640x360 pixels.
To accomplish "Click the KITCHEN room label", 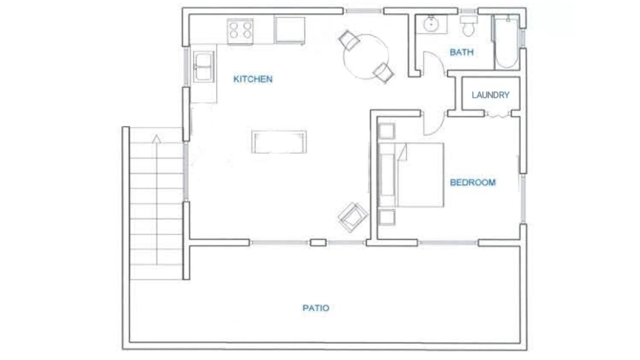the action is [x=253, y=79].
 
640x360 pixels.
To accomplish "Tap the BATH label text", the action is [x=461, y=52].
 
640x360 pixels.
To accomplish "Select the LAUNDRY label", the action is [x=490, y=95].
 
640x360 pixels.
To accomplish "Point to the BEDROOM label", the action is [x=473, y=182].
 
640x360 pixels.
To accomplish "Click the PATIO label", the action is [x=316, y=308].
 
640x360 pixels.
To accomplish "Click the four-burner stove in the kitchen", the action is [x=240, y=31].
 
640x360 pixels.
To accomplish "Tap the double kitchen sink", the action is [x=203, y=66].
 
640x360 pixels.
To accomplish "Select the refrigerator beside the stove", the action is [x=289, y=30].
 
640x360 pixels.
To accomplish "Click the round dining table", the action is [x=366, y=56].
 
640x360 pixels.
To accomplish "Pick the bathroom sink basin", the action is [x=431, y=24].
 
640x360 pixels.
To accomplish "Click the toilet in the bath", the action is [x=468, y=25].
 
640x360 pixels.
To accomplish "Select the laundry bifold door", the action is [x=497, y=115].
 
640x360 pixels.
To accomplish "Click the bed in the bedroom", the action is [x=411, y=175].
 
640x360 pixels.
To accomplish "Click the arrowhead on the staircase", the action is [x=156, y=139].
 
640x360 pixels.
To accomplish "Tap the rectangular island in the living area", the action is [x=279, y=141].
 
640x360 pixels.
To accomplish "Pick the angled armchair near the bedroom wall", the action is [x=353, y=217].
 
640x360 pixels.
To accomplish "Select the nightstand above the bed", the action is [x=386, y=131].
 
